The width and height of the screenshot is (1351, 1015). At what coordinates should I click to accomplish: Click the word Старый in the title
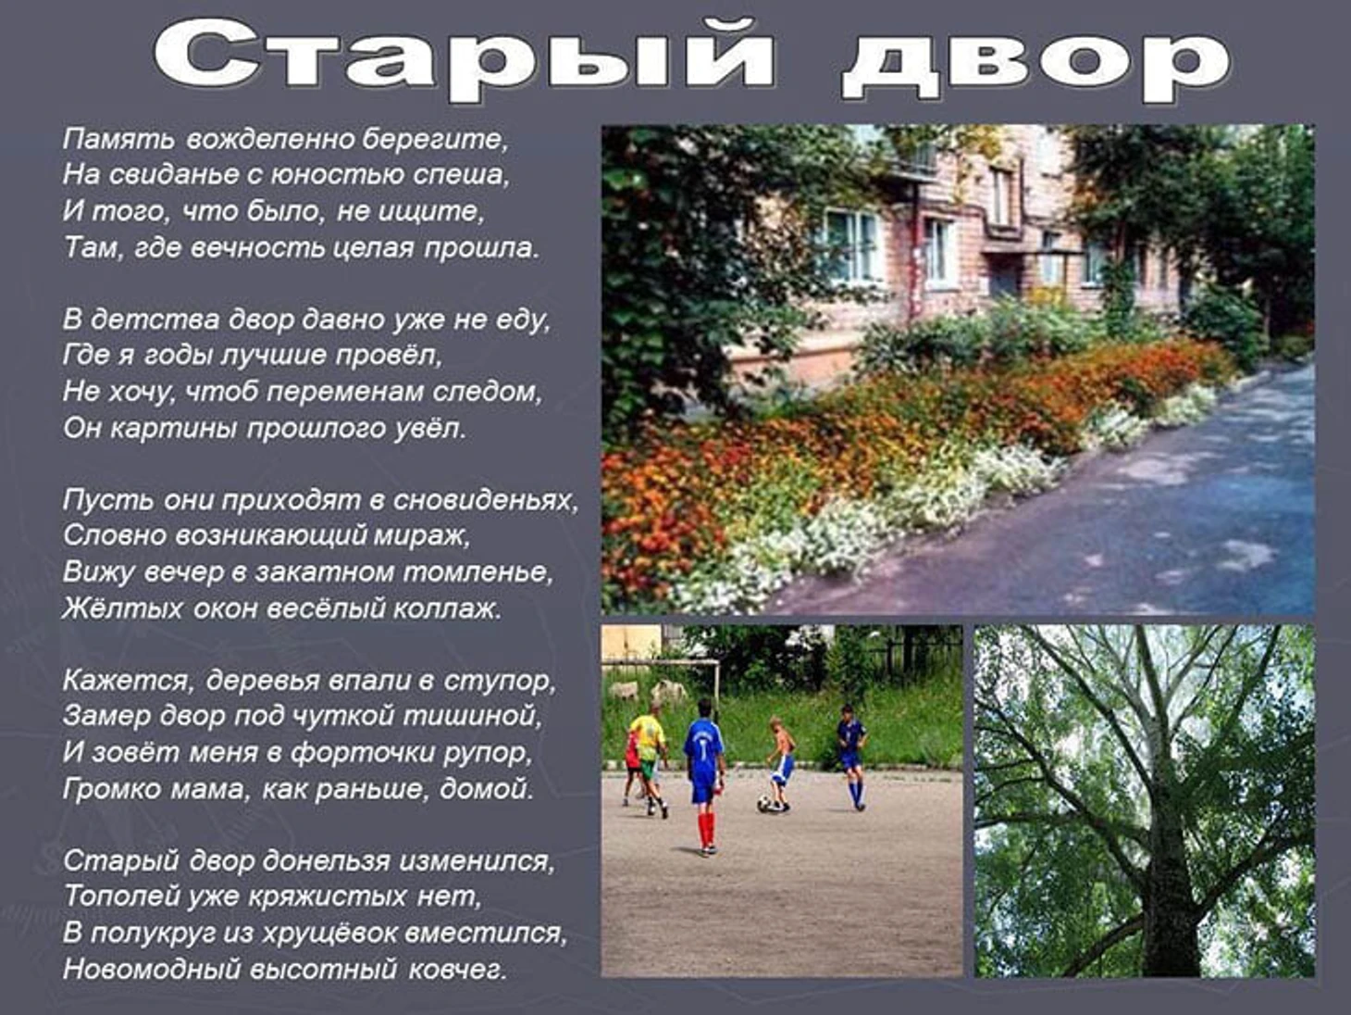coord(464,60)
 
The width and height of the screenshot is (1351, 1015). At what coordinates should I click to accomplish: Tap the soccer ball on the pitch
coord(764,803)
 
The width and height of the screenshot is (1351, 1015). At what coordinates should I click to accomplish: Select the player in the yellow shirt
coord(648,760)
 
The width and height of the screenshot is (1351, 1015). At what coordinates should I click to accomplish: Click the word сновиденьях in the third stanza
coord(485,501)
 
